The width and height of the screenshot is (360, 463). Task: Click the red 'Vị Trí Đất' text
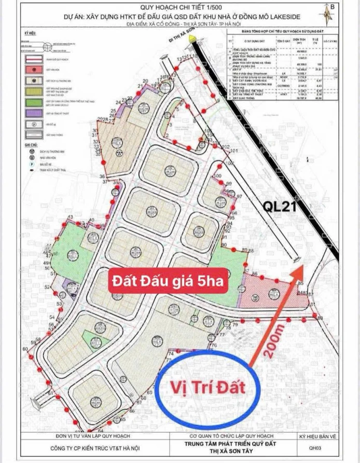pos(208,387)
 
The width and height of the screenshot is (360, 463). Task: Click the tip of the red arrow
pos(303,266)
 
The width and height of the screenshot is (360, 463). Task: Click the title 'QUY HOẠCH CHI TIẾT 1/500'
pos(180,7)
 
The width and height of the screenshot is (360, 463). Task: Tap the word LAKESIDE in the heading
pos(310,17)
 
